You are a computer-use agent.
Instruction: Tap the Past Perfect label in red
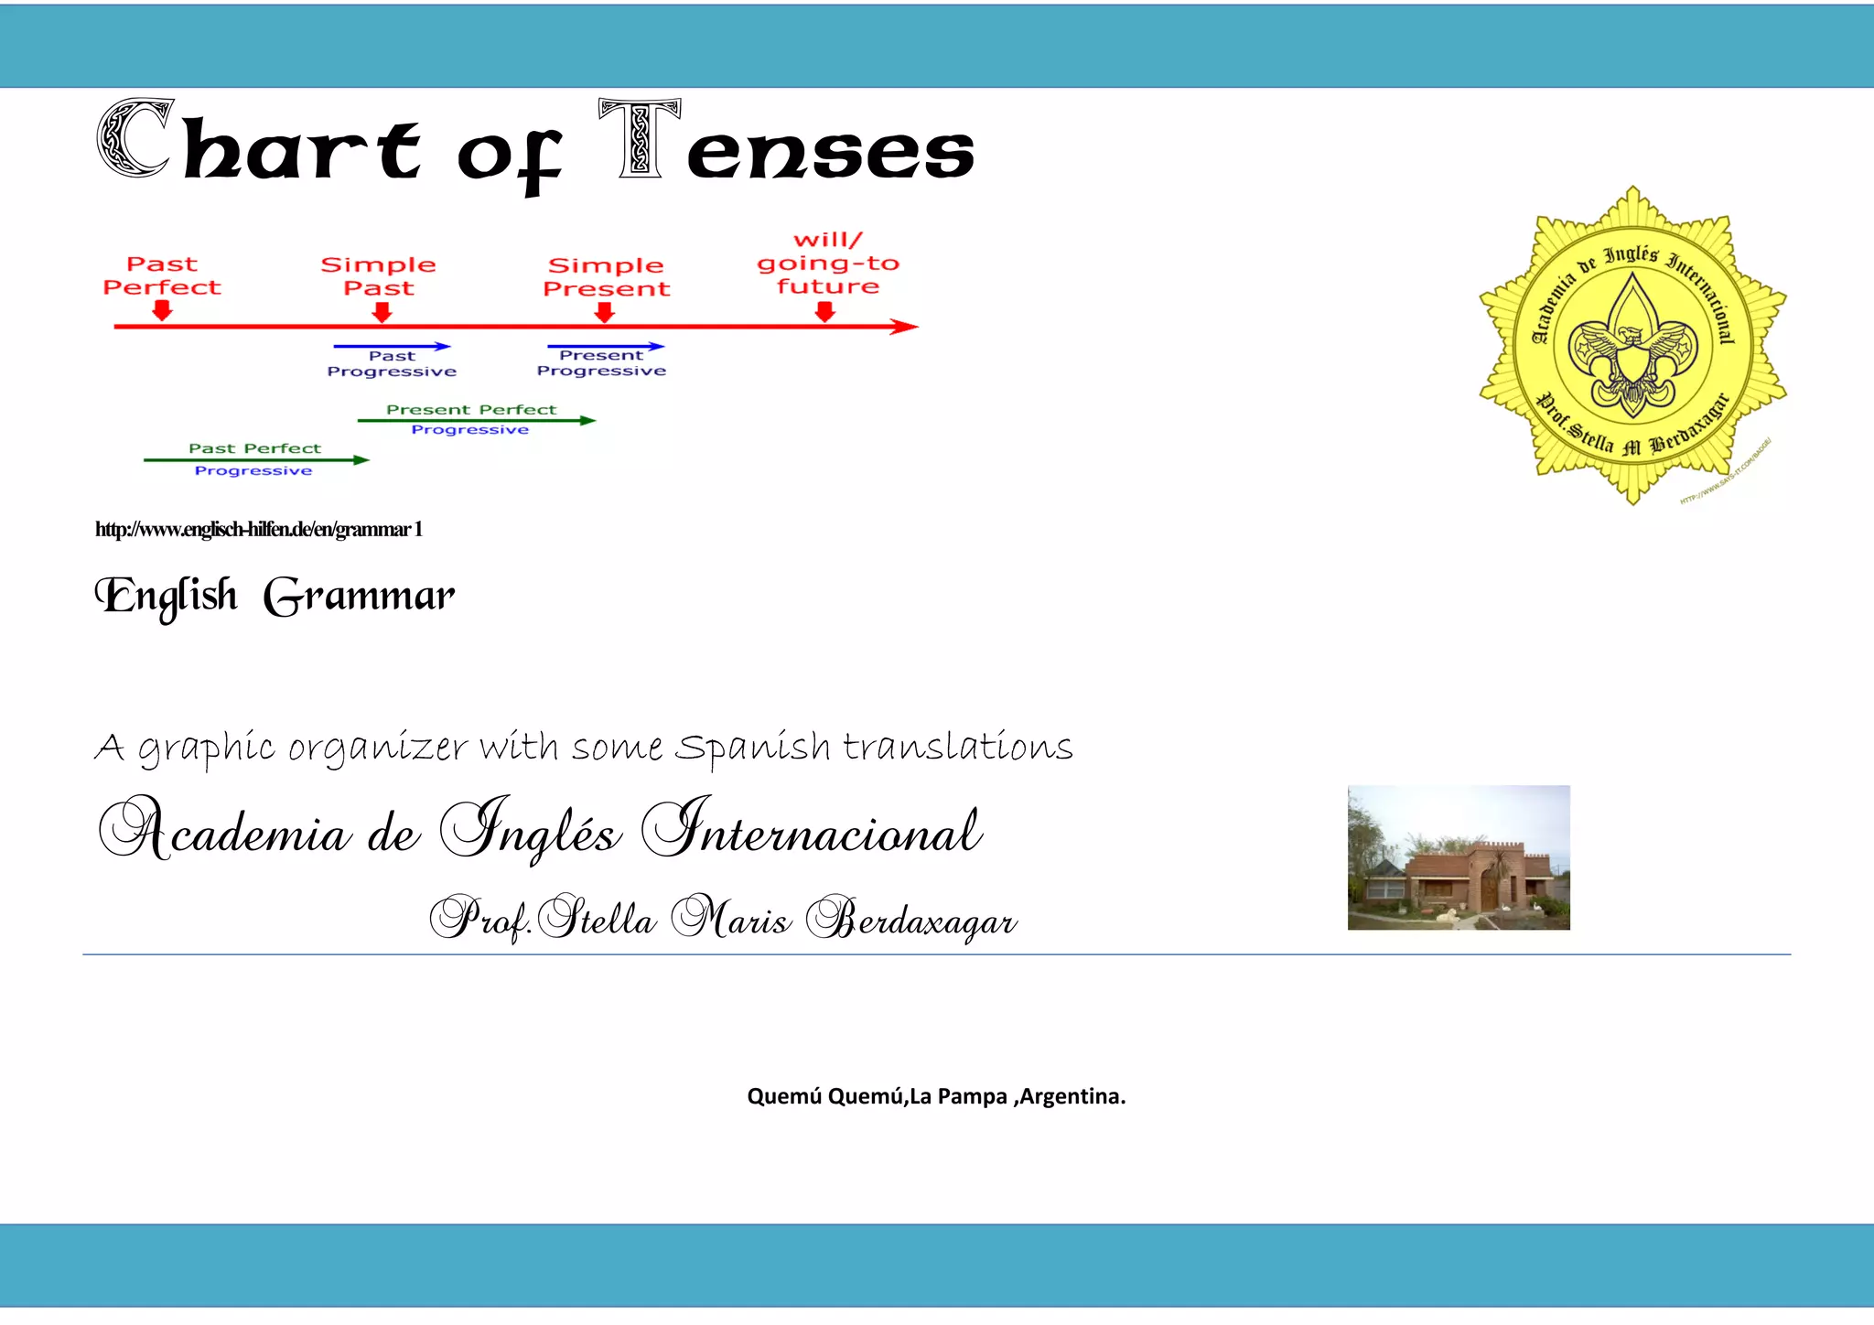[x=162, y=275]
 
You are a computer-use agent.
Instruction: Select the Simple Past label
[x=378, y=276]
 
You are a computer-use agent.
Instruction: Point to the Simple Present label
[x=606, y=276]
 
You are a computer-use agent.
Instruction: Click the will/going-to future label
[x=828, y=264]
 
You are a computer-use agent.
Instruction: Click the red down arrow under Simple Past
[x=382, y=313]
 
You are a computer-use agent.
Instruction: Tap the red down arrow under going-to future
[x=825, y=313]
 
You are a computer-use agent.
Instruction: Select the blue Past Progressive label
[x=392, y=364]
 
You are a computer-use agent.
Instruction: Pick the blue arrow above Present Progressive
[x=606, y=347]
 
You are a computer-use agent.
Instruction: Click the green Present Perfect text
[x=471, y=410]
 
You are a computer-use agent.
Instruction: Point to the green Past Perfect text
[x=254, y=448]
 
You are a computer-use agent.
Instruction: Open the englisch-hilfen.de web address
[x=258, y=530]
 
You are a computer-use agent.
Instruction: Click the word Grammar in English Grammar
[x=359, y=598]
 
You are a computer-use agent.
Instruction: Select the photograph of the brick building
[x=1459, y=857]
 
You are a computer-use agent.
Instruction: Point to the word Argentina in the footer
[x=1072, y=1096]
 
